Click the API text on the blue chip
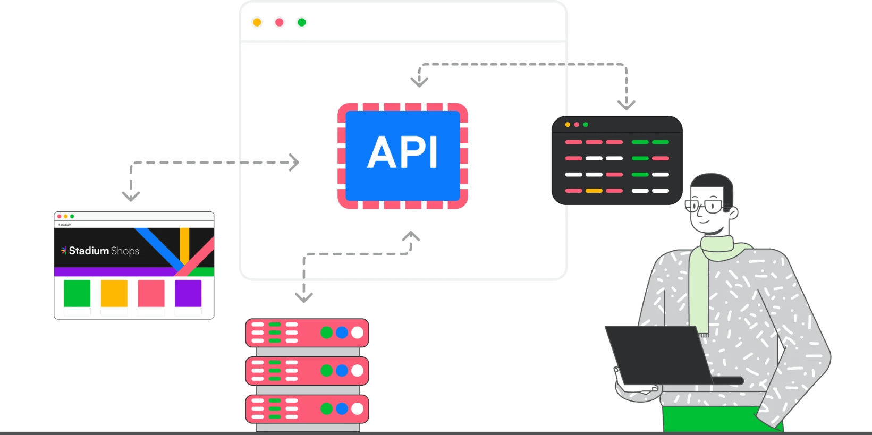pos(402,152)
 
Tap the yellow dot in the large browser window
pos(257,22)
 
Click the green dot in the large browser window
pos(302,22)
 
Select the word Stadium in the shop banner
pos(89,251)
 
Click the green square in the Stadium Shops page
pos(77,294)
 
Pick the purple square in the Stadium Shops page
pos(188,294)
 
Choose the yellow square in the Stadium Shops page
pos(114,294)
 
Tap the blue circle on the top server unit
pos(342,332)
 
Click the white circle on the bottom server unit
pos(358,408)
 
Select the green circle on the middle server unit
pos(326,370)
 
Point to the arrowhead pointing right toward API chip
pos(294,163)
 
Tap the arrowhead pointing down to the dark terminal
pos(627,105)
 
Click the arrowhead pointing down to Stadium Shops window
pos(131,196)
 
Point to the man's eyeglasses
pos(704,206)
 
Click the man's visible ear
pos(733,212)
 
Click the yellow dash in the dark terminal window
pos(594,191)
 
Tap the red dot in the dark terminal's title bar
pos(577,125)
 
